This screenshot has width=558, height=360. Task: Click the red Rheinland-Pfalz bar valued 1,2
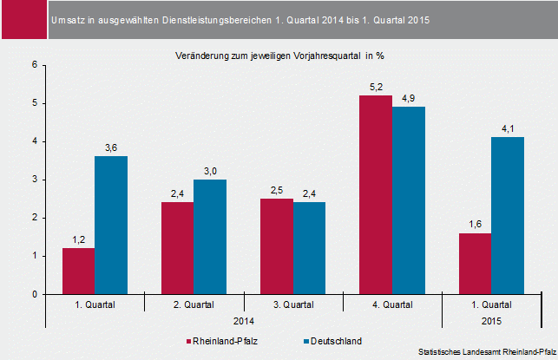(x=78, y=271)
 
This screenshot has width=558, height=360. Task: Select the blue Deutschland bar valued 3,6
(x=111, y=226)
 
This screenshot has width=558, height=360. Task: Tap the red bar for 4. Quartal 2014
(x=375, y=195)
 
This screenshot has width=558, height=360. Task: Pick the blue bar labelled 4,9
(x=408, y=200)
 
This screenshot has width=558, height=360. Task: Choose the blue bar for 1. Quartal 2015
(x=507, y=216)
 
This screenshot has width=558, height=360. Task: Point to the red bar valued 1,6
(x=474, y=264)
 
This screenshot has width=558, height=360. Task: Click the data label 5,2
(x=376, y=88)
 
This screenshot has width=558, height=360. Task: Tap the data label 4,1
(x=507, y=130)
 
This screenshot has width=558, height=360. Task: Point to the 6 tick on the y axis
(x=34, y=65)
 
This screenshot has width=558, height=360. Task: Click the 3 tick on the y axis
(x=34, y=180)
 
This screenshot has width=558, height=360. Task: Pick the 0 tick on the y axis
(x=34, y=294)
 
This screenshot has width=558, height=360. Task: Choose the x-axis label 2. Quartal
(x=194, y=305)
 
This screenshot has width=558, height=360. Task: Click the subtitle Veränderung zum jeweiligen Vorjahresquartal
(x=279, y=56)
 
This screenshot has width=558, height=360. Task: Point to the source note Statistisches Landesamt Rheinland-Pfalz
(x=486, y=351)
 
